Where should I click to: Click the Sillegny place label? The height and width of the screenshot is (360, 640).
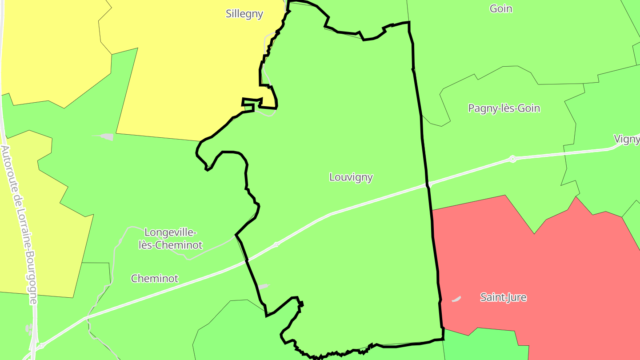pyautogui.click(x=244, y=14)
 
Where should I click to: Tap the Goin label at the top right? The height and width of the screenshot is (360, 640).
pyautogui.click(x=501, y=8)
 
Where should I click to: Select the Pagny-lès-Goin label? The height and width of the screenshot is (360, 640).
pyautogui.click(x=504, y=108)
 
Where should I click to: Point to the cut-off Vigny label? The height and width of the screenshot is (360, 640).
pyautogui.click(x=627, y=139)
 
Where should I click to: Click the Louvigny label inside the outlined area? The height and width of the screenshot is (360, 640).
pyautogui.click(x=351, y=177)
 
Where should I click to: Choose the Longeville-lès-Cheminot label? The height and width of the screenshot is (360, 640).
pyautogui.click(x=170, y=239)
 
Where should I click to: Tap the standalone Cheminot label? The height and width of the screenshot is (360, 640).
pyautogui.click(x=154, y=279)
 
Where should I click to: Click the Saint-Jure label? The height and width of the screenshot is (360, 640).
pyautogui.click(x=503, y=297)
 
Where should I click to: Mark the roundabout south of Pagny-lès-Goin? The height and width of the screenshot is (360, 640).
pyautogui.click(x=512, y=159)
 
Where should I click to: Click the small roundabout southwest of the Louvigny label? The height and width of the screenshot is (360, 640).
pyautogui.click(x=276, y=244)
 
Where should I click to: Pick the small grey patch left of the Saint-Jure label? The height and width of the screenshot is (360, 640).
pyautogui.click(x=456, y=299)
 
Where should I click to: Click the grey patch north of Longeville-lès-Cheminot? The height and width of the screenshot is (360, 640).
pyautogui.click(x=106, y=136)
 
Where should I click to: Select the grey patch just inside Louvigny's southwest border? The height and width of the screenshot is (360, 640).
pyautogui.click(x=264, y=287)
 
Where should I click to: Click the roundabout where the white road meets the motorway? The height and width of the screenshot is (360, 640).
pyautogui.click(x=41, y=345)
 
